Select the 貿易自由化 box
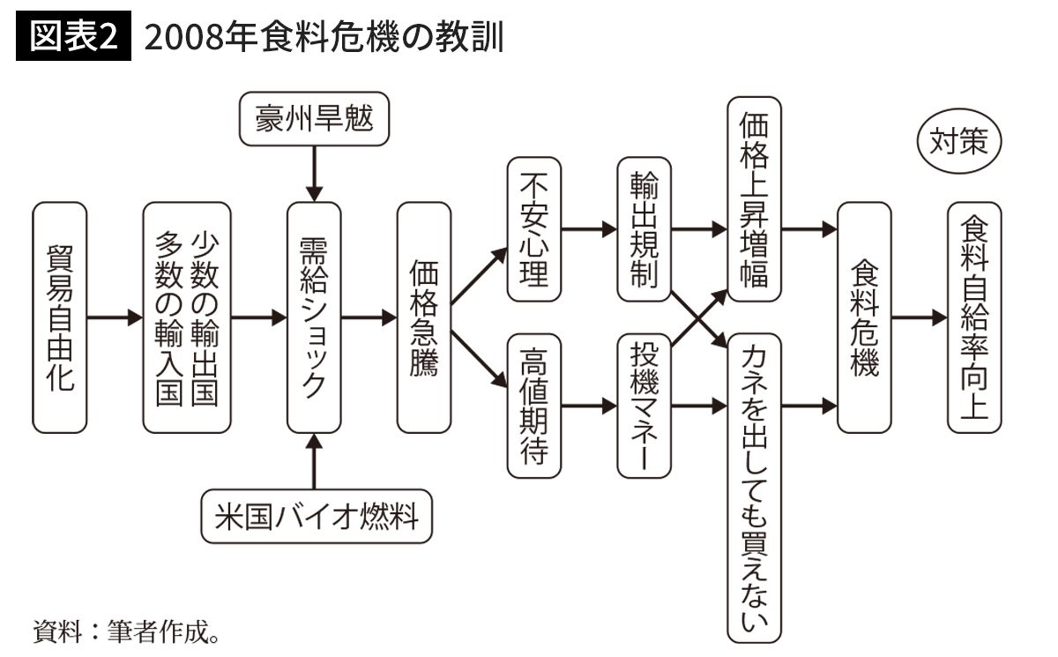pos(60,317)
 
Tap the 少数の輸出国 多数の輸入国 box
pos(187,317)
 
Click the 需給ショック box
pos(314,317)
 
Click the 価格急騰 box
pos(424,317)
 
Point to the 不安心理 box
pos(534,231)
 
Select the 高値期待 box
pos(534,407)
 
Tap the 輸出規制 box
pos(644,231)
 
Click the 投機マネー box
pos(644,407)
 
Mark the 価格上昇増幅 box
pos(755,199)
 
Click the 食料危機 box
pos(864,317)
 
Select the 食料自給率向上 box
pos(974,317)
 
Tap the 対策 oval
pos(959,142)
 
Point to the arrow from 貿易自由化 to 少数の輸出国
pos(115,317)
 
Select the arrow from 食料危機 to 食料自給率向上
pos(919,317)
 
